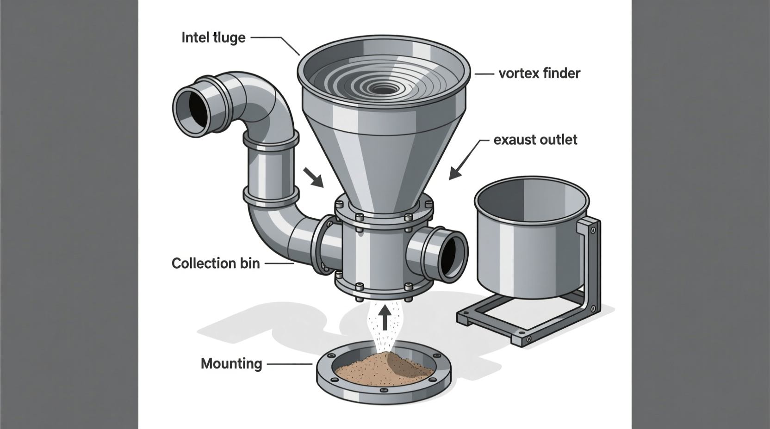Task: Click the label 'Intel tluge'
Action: [213, 37]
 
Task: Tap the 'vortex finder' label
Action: [539, 74]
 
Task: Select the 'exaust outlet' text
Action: [535, 140]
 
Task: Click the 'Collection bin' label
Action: [216, 264]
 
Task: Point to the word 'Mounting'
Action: [231, 364]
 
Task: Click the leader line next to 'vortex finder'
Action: [484, 74]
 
